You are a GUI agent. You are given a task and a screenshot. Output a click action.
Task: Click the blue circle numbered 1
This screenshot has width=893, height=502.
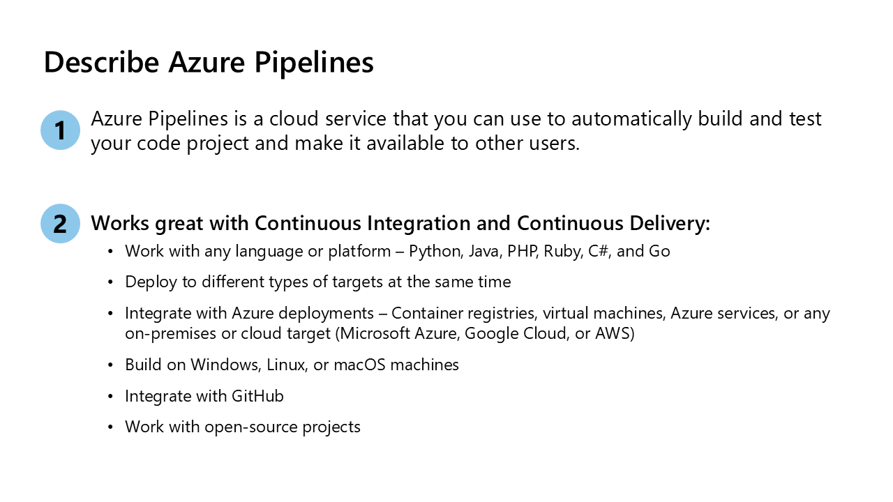coord(60,130)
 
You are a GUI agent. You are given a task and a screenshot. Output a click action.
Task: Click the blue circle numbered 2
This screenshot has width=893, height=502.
coord(60,224)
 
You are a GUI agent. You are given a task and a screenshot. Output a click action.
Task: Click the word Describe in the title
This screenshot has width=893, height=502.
coord(102,62)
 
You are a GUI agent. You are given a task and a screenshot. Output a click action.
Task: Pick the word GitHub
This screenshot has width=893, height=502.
coord(257,396)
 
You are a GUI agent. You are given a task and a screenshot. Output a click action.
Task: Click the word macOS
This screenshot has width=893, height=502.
coord(359,365)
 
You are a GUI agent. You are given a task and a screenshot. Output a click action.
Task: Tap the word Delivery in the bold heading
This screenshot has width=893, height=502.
coord(670,224)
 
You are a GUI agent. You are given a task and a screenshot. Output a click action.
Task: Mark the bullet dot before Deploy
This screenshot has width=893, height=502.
coord(110,282)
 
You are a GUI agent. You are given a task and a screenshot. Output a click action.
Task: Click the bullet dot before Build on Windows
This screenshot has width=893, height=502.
coord(110,365)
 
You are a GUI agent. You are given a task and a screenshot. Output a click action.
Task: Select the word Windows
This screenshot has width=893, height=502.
coord(225,365)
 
